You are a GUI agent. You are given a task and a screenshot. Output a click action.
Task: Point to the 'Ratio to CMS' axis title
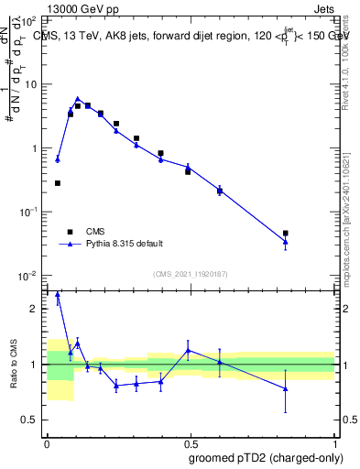tap(14, 365)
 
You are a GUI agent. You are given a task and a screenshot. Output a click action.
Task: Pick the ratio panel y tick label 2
tap(37, 309)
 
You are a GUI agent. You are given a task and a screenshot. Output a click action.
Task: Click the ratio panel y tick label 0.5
tap(33, 420)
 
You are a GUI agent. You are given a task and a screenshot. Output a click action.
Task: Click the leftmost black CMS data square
tap(58, 183)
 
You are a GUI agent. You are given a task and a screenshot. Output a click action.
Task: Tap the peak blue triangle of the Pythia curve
tap(78, 98)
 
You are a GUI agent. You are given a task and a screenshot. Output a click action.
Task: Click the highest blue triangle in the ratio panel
tap(58, 295)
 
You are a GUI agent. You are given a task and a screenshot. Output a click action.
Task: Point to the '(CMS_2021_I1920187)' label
tap(190, 274)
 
